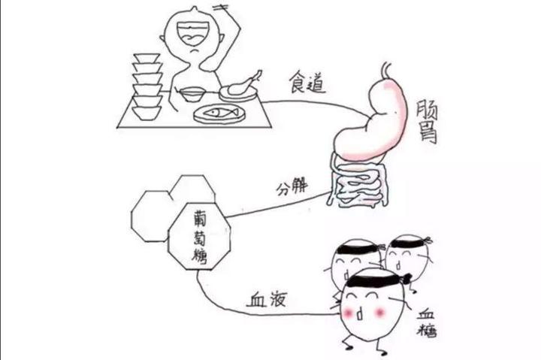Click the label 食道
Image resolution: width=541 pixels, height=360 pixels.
308,83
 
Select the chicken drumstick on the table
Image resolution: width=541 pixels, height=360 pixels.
242,84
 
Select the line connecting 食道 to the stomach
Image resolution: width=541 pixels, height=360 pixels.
301,103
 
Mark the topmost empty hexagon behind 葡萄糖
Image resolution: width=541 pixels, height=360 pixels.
192,191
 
